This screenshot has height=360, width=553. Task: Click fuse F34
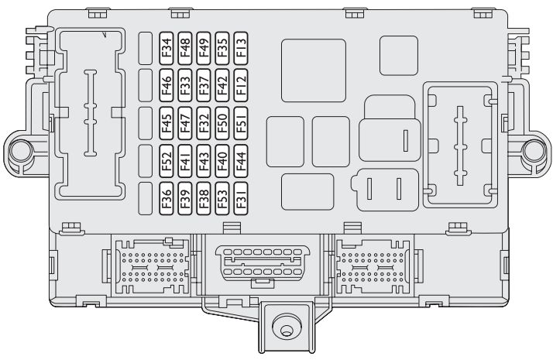166,48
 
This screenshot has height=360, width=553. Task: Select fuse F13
241,48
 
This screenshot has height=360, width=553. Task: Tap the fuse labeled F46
166,86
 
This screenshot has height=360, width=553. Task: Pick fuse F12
241,86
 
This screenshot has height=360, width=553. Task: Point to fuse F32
204,123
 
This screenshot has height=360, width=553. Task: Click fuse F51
241,123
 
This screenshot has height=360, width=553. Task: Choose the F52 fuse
166,161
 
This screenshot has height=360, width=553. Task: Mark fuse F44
241,161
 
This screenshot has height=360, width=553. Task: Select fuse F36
166,198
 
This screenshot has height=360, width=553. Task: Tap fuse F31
241,198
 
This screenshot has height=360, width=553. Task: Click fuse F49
204,48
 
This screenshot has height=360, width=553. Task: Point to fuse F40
222,161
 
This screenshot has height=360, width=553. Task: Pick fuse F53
222,198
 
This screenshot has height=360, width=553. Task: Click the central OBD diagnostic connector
263,262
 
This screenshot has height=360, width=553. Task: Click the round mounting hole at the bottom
286,330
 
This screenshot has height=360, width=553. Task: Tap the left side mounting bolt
20,151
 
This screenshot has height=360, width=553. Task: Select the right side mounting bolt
534,151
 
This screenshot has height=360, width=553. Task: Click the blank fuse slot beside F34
146,48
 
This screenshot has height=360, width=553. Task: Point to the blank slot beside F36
146,198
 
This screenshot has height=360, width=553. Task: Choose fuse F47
185,123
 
